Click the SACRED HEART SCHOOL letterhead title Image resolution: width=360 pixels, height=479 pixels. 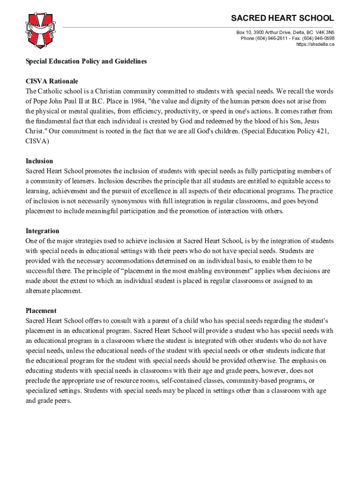point(283,18)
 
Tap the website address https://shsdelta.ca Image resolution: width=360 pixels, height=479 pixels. point(315,44)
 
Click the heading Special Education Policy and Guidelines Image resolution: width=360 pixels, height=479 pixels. point(86,61)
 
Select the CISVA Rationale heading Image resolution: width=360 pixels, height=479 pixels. point(52,81)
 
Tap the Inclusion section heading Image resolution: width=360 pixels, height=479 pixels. point(39,161)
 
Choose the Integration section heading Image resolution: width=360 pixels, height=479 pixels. point(42,231)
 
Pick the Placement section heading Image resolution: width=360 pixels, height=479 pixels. point(41,311)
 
